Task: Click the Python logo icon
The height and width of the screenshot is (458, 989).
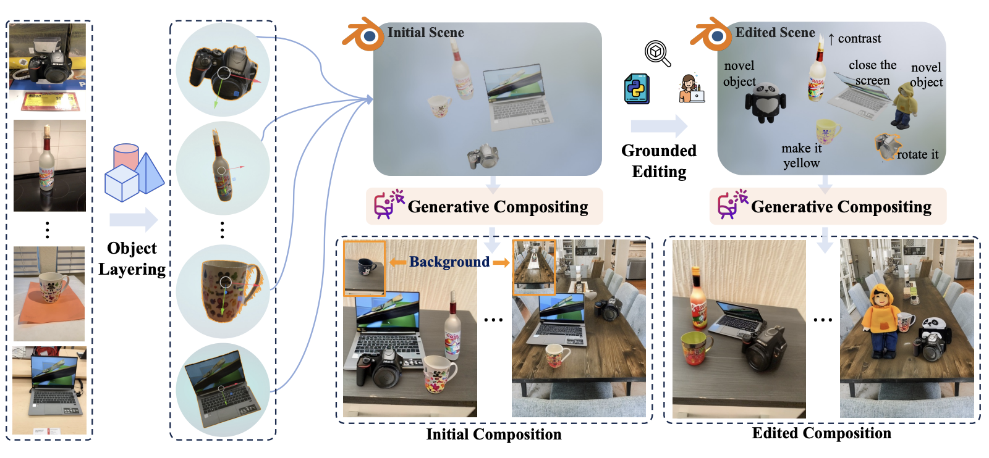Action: tap(636, 88)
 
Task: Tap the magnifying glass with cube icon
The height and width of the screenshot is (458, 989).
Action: tap(658, 53)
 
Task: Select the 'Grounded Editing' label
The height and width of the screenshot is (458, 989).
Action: tap(659, 161)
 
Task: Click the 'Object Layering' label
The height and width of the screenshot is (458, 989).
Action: tap(132, 259)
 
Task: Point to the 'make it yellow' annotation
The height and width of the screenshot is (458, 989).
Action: tap(801, 156)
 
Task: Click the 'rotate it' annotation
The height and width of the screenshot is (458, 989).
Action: tap(917, 154)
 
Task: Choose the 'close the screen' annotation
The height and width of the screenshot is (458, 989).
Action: tap(872, 73)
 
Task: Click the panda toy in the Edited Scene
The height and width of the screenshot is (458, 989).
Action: tap(765, 102)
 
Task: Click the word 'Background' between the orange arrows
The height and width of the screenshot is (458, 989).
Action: tap(449, 262)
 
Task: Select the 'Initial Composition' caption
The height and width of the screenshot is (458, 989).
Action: tap(493, 435)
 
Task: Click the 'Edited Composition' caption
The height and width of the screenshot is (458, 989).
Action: tap(821, 433)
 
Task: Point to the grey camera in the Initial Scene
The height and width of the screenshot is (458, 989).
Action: tap(483, 156)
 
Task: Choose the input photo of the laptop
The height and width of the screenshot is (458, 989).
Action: tap(49, 390)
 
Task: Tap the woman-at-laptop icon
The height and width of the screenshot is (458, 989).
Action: tap(691, 88)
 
